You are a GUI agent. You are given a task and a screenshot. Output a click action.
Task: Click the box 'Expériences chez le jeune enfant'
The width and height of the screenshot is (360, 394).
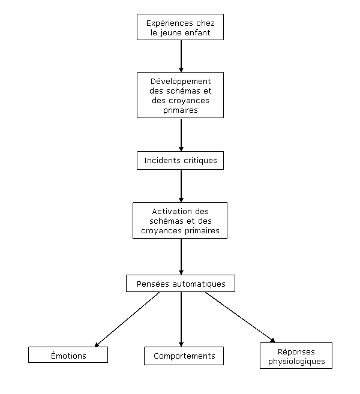(x=180, y=27)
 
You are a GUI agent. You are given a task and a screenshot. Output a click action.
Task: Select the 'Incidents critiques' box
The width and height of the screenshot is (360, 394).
(x=180, y=160)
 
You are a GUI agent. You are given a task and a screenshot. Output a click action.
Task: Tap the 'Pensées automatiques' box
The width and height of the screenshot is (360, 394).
(x=181, y=283)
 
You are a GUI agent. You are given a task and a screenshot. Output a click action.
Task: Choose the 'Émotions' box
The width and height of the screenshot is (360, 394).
(x=68, y=354)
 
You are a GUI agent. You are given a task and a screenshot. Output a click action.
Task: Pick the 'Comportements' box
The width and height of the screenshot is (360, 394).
(x=184, y=356)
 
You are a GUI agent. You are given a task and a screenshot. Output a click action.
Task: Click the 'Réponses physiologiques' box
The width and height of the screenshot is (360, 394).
(x=296, y=356)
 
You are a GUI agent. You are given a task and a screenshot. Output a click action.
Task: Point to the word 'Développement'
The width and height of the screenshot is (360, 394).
(x=181, y=82)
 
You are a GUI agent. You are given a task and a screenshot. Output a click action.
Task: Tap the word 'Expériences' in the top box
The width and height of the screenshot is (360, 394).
(x=166, y=23)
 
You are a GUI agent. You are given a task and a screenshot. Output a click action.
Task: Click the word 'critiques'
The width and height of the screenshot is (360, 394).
(x=200, y=161)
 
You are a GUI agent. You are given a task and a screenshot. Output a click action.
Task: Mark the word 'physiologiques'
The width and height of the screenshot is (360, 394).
(x=296, y=362)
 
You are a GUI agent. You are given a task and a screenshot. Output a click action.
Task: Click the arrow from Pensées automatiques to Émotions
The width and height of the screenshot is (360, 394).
(x=127, y=320)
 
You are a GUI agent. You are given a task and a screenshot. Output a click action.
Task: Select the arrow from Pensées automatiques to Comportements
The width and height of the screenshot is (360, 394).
(x=181, y=320)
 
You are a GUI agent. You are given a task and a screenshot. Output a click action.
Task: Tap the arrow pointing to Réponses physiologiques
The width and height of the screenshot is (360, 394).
(x=240, y=317)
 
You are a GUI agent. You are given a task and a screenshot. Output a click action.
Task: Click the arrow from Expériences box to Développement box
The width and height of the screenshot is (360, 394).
(x=181, y=56)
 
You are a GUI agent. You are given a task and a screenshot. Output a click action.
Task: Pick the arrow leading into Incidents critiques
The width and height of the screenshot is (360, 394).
(x=181, y=135)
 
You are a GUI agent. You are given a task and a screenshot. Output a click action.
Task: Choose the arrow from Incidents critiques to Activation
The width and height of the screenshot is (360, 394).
(x=181, y=186)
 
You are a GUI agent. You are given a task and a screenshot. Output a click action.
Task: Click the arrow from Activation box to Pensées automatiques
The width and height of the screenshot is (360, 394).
(x=181, y=257)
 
